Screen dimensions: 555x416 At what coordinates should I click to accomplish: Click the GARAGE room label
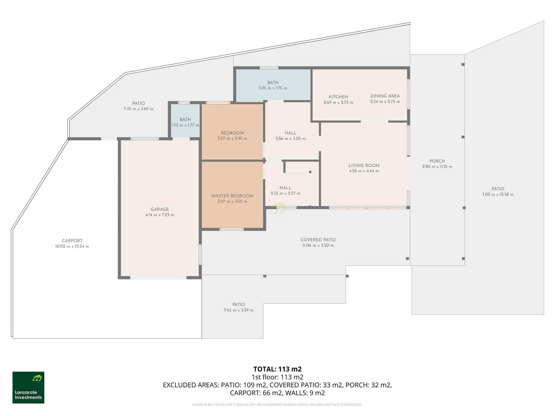click(160, 209)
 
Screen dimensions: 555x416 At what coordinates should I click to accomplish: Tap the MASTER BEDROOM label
click(232, 196)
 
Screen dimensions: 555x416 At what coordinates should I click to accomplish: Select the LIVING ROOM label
click(364, 165)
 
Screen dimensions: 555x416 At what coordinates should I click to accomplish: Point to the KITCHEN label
click(338, 97)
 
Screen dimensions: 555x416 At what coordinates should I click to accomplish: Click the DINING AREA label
click(385, 96)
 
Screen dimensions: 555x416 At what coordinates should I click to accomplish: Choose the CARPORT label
click(72, 241)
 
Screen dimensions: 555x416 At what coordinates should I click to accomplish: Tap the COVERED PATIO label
click(318, 240)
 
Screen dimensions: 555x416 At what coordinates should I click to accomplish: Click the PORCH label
click(437, 161)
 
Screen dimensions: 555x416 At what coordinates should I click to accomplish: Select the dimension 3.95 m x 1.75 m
click(273, 88)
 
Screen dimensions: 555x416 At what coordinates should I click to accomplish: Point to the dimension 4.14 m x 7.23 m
click(160, 215)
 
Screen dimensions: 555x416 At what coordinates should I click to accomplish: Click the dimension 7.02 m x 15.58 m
click(498, 194)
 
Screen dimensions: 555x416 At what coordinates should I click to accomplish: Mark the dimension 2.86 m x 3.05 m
click(290, 139)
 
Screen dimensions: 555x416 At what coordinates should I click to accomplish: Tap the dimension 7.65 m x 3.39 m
click(238, 310)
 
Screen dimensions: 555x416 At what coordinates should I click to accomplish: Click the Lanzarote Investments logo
click(28, 387)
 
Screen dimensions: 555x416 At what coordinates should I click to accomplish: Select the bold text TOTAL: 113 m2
click(277, 369)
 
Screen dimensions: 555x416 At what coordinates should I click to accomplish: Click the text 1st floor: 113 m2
click(277, 377)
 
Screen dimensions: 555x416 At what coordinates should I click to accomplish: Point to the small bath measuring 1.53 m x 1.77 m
click(185, 121)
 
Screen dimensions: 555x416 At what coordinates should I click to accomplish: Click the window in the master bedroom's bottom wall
click(231, 229)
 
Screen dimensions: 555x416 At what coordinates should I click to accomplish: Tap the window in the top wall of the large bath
click(269, 68)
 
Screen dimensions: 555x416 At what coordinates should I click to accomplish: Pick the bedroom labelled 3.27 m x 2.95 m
click(232, 132)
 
